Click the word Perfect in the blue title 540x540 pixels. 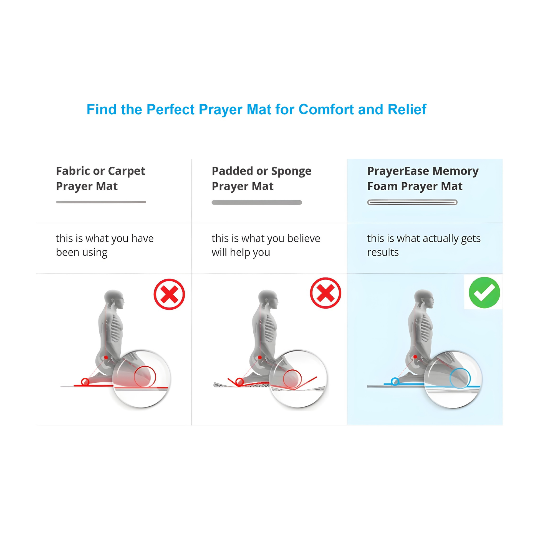[170, 110]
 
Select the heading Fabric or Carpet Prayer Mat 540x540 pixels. [101, 178]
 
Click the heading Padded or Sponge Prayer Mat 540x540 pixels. [261, 178]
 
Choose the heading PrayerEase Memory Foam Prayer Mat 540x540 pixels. [423, 178]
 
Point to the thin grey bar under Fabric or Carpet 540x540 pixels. [101, 202]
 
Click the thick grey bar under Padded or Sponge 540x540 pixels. [257, 202]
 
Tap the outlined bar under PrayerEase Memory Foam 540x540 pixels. [412, 202]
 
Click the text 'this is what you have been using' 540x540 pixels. [105, 245]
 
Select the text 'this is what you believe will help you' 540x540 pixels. [266, 245]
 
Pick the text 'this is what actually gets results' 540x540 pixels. [424, 245]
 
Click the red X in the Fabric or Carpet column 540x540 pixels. [169, 294]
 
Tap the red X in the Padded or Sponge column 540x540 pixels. [325, 293]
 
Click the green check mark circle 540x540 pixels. [485, 292]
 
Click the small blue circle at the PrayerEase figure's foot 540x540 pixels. [395, 381]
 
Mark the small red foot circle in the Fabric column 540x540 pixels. [85, 382]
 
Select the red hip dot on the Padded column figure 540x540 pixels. [260, 357]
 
